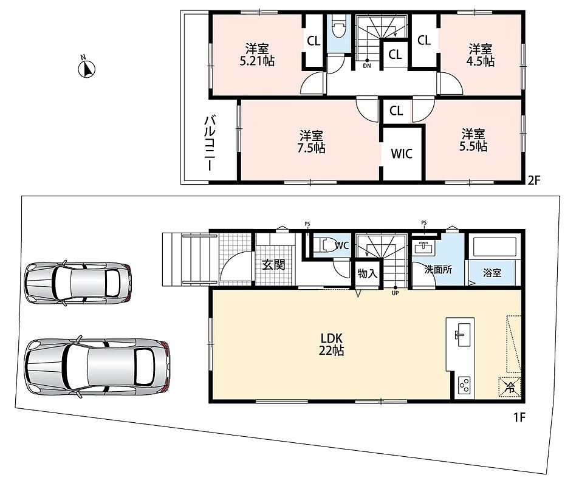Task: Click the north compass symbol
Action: [x=87, y=68]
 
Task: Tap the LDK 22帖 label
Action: [x=332, y=344]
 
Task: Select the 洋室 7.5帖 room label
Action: [x=312, y=142]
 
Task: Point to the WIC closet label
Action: [x=402, y=153]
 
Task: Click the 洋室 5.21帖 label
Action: [x=257, y=55]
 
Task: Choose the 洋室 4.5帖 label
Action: [x=481, y=55]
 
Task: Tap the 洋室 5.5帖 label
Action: [x=473, y=140]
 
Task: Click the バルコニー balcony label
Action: [x=210, y=143]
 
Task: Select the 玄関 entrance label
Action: [x=273, y=264]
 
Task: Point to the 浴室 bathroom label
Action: [x=492, y=273]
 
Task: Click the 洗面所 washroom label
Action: [x=438, y=269]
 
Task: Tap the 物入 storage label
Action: [x=368, y=273]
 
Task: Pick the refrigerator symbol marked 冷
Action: [x=510, y=387]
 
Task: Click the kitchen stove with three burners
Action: [x=464, y=386]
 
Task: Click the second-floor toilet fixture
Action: [x=338, y=27]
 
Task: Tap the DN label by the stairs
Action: [x=367, y=66]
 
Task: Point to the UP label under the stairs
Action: [x=395, y=293]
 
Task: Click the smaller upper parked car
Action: [x=78, y=282]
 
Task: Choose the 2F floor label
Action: [x=533, y=180]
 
